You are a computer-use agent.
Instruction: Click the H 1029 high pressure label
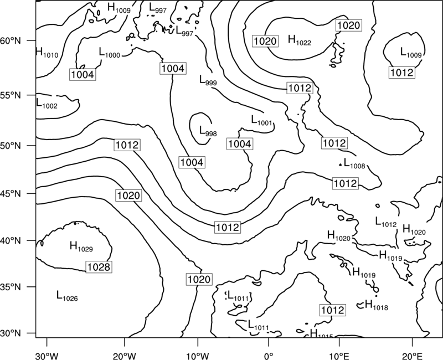[x=81, y=246]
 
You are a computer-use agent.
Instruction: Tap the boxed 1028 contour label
[x=99, y=267]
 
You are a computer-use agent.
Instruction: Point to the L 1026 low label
[x=67, y=296]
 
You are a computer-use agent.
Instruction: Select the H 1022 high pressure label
[x=300, y=40]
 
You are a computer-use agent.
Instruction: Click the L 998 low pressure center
[x=208, y=131]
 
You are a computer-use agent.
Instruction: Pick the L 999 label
[x=208, y=80]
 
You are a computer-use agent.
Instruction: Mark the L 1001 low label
[x=261, y=120]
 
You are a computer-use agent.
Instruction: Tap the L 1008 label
[x=354, y=163]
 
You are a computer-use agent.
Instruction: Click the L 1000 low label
[x=110, y=53]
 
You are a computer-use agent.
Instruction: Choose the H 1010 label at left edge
[x=47, y=53]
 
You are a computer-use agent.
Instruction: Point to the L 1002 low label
[x=47, y=104]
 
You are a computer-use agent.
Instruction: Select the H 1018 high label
[x=377, y=305]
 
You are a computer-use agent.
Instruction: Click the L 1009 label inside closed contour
[x=411, y=53]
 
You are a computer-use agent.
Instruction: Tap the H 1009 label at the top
[x=119, y=8]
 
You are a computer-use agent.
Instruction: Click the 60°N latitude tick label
[x=11, y=41]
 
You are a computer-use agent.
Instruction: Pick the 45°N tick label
[x=11, y=194]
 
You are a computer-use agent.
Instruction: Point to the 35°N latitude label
[x=11, y=287]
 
